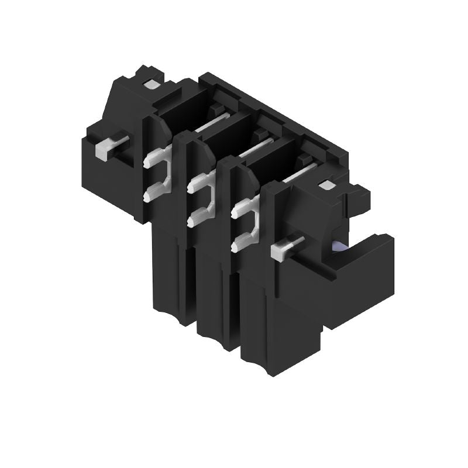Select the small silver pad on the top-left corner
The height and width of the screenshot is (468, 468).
tap(150, 84)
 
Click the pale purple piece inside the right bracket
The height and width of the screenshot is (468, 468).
tap(338, 246)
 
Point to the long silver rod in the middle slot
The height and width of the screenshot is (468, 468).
tap(256, 147)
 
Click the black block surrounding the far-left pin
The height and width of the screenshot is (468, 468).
tap(114, 170)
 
